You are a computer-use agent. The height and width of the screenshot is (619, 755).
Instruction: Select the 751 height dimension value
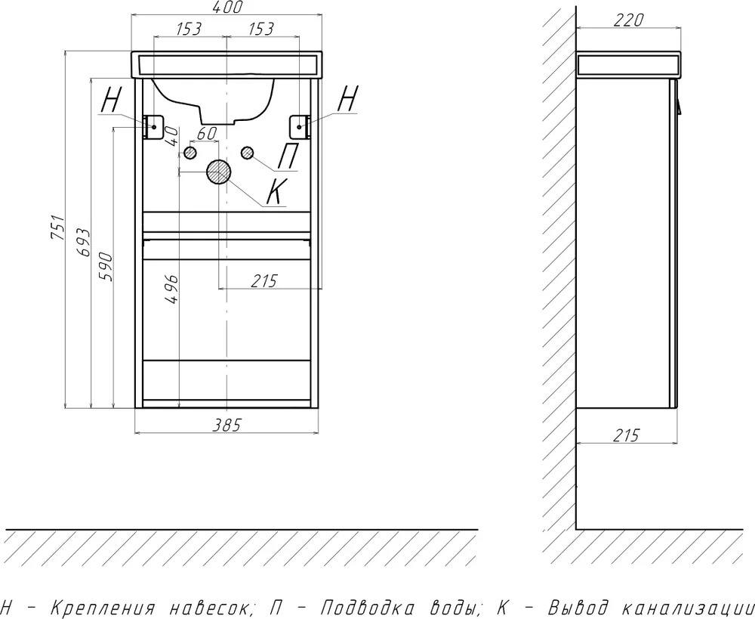pos(58,228)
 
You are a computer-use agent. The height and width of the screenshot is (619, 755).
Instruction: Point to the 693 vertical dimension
pos(83,243)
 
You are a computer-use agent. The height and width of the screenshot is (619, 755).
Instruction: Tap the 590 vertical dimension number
pos(106,267)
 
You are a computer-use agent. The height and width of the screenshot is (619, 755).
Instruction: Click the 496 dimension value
pos(171,289)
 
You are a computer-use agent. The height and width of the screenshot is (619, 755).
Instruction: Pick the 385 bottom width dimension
pos(226,425)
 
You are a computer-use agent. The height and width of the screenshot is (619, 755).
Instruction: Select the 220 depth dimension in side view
pos(629,20)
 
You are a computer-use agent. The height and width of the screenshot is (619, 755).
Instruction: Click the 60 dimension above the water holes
pos(207,134)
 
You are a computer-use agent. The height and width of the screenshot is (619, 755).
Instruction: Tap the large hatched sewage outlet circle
pos(219,172)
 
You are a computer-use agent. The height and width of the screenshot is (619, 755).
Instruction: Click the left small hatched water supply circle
pos(190,153)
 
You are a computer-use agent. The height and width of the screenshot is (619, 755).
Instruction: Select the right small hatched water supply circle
pos(248,153)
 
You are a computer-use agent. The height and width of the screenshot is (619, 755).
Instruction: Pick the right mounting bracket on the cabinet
pos(300,127)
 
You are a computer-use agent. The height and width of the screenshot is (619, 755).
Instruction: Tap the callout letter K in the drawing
pos(277,191)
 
